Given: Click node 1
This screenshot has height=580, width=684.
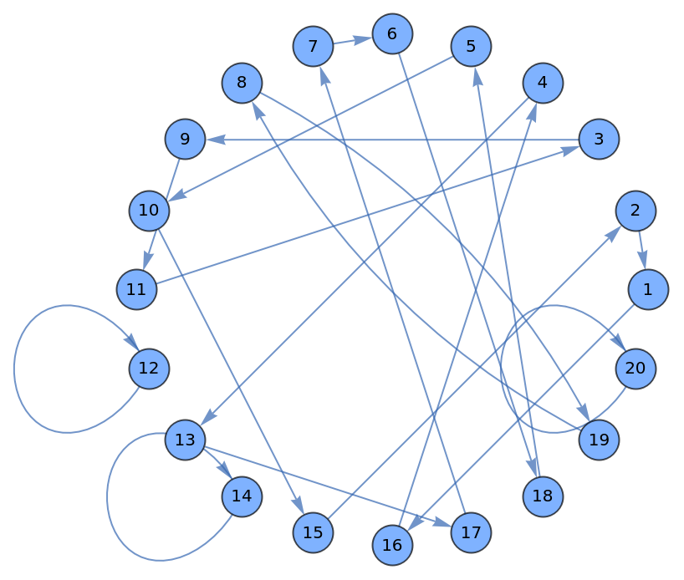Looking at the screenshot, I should point(648,289).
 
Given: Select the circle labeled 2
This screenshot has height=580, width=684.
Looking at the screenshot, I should point(636,211).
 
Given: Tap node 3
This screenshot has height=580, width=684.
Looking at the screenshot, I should point(599,139).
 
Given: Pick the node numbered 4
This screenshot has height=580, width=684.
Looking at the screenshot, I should point(543,83).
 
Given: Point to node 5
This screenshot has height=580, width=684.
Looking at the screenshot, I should point(471,46).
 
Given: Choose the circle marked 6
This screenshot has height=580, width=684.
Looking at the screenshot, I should point(392,34).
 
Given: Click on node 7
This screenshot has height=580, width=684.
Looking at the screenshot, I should point(314,46).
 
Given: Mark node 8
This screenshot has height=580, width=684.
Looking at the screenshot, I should point(242,83).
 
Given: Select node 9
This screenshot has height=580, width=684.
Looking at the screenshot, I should point(186,139).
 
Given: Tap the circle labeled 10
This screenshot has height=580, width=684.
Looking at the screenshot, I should point(149,211).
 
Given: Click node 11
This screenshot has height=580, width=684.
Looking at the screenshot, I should point(137,289).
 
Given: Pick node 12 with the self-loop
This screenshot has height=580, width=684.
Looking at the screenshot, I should point(149,369).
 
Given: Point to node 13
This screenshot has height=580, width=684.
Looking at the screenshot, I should point(186,440).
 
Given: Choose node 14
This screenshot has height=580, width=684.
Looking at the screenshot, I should point(242,496).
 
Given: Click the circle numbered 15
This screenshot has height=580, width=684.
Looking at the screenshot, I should point(314,532).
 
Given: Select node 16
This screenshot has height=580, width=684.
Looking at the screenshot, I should point(392,545).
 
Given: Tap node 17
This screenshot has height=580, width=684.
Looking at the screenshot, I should point(471,532).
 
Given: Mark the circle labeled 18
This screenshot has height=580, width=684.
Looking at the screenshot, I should point(543,496).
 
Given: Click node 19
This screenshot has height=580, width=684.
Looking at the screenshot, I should point(599,440).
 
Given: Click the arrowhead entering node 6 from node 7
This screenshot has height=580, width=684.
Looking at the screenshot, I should point(365,38).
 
